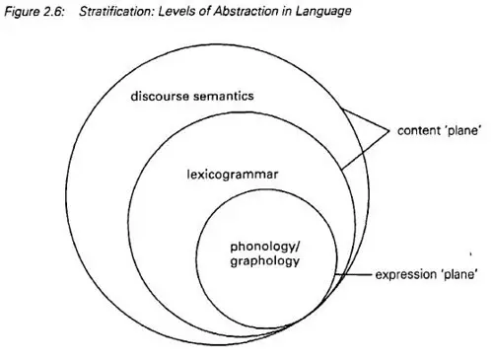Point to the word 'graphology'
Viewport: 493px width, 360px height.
pos(264,261)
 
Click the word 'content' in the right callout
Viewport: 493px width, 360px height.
pos(418,130)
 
